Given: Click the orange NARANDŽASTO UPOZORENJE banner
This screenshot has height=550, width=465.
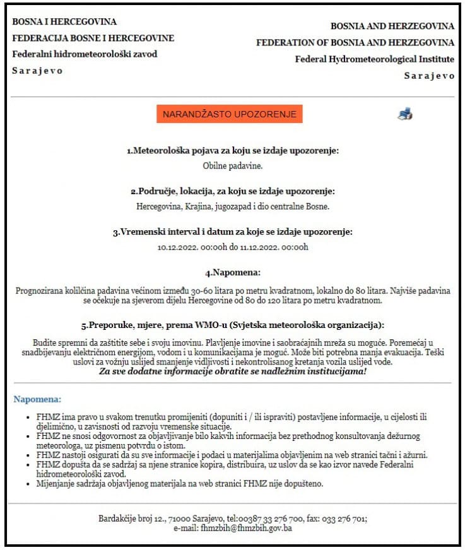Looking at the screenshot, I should pyautogui.click(x=230, y=114).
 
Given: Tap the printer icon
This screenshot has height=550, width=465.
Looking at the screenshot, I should pyautogui.click(x=405, y=114).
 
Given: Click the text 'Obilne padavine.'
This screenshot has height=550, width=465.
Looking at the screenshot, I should pyautogui.click(x=232, y=166).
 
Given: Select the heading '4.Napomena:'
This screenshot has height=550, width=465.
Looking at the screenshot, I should pyautogui.click(x=232, y=273).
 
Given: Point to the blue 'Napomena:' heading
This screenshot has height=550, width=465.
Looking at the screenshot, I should pyautogui.click(x=37, y=399).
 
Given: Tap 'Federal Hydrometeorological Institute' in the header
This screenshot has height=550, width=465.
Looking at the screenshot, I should pyautogui.click(x=374, y=59).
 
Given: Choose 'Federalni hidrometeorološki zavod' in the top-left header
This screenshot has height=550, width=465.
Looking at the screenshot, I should pyautogui.click(x=85, y=54).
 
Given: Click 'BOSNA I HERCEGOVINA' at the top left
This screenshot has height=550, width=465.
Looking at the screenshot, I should pyautogui.click(x=64, y=22).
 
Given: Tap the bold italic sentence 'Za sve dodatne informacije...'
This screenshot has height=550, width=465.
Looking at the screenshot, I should pyautogui.click(x=233, y=372).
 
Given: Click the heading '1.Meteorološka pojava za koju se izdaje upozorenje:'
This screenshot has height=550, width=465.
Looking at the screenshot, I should pyautogui.click(x=233, y=151).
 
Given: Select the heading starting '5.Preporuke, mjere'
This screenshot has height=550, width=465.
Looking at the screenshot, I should pyautogui.click(x=233, y=325).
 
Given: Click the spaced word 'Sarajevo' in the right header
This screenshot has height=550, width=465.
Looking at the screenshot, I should pyautogui.click(x=429, y=76).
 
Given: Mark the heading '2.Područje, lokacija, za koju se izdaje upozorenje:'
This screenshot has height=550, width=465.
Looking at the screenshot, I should pyautogui.click(x=233, y=191).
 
